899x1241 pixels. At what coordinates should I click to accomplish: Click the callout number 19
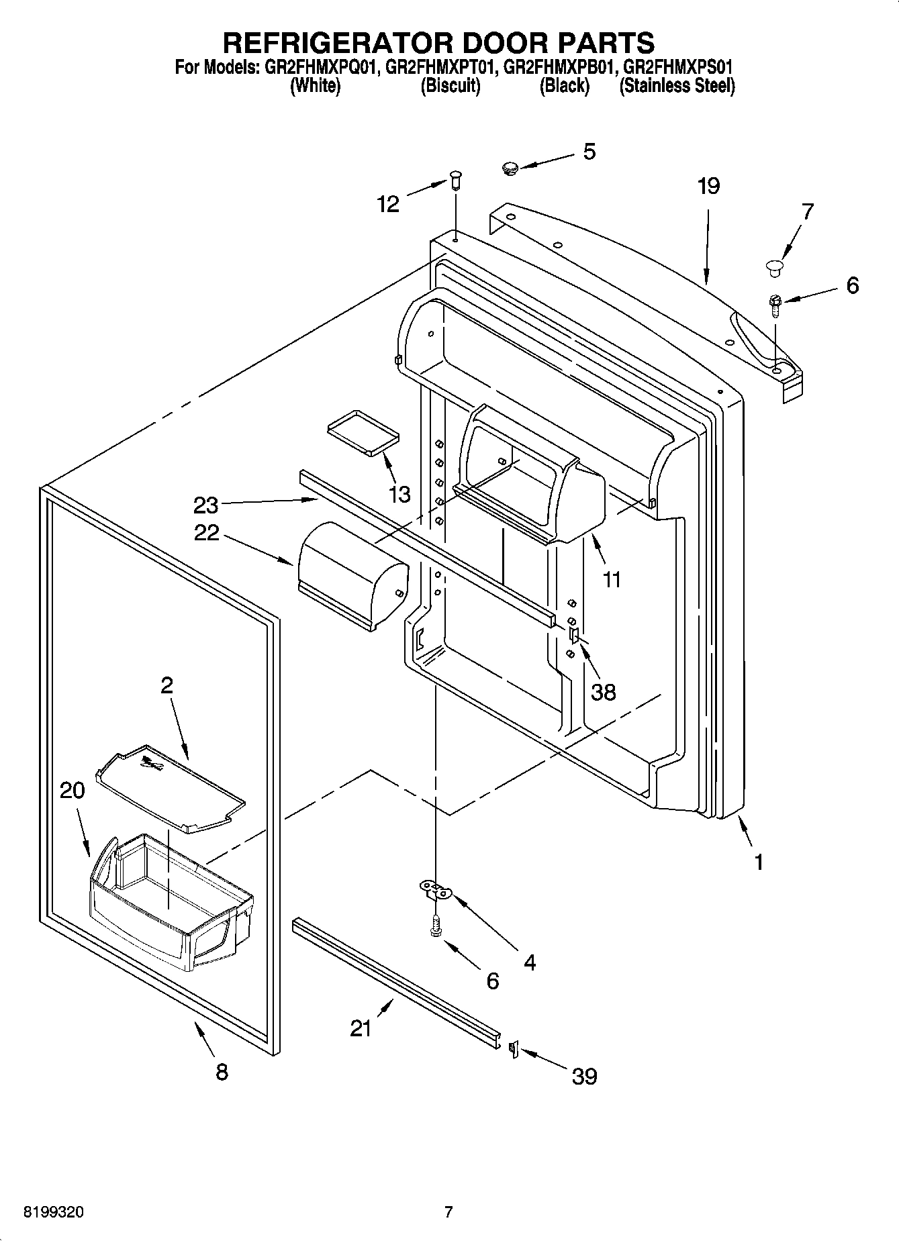708,187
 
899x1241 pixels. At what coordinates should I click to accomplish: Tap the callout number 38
603,691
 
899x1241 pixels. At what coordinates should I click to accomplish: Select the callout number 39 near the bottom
584,1077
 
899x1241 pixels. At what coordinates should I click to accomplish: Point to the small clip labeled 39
514,1048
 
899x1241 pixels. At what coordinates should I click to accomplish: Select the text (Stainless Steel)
677,86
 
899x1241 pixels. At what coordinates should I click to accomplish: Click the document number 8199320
54,1212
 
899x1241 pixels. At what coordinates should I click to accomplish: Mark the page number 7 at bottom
448,1212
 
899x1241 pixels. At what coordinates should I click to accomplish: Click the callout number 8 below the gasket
222,1072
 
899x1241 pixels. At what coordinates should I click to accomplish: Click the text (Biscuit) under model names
450,86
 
